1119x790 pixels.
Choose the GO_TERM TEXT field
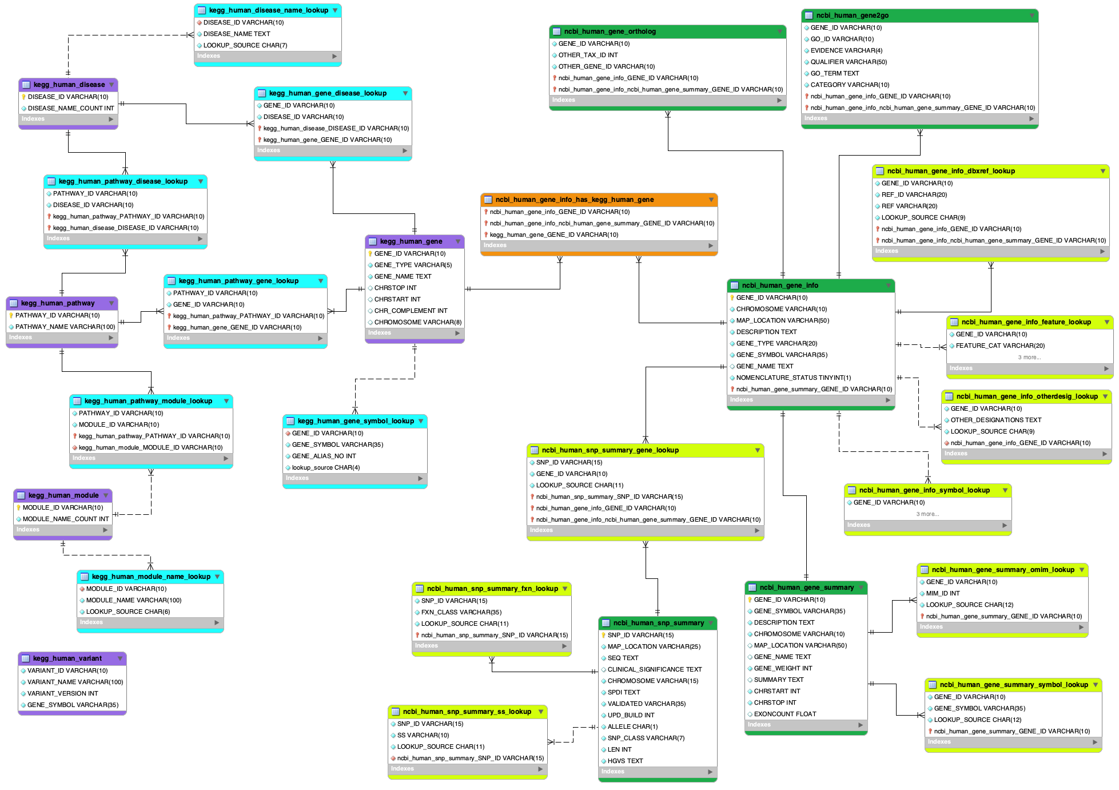[x=834, y=73]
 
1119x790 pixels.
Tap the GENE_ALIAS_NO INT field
[x=324, y=456]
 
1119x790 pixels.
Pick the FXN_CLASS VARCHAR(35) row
[x=461, y=612]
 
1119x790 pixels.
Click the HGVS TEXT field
[x=625, y=761]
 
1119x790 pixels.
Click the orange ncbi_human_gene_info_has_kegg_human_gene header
[x=574, y=200]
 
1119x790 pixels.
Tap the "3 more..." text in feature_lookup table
[x=1029, y=358]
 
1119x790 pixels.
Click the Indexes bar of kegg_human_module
[x=62, y=530]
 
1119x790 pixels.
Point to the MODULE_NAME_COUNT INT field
[x=65, y=519]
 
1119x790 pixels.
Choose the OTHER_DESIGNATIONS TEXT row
[x=995, y=420]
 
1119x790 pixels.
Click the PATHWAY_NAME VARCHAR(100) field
[x=65, y=327]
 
